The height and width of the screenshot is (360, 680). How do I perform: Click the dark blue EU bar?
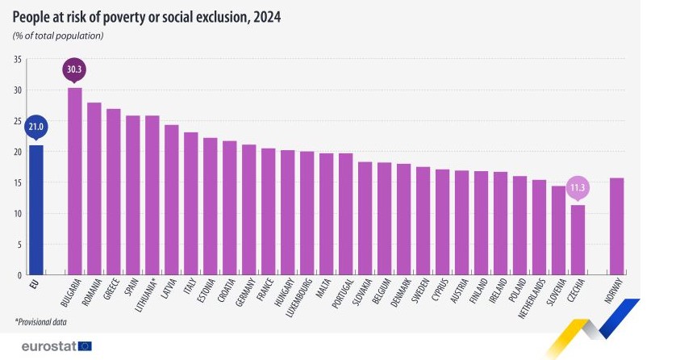[x=36, y=210]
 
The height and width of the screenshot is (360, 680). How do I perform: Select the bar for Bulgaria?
[x=74, y=181]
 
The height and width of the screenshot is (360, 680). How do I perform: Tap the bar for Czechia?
[x=578, y=240]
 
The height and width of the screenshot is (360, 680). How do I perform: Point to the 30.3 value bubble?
[x=74, y=69]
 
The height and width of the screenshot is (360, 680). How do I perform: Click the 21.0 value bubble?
[x=36, y=127]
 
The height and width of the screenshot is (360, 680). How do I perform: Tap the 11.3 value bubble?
[x=578, y=187]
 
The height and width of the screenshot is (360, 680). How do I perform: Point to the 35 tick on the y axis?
[x=18, y=59]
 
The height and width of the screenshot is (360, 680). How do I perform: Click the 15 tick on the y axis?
[x=18, y=182]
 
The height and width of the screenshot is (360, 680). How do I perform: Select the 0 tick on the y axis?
[x=19, y=275]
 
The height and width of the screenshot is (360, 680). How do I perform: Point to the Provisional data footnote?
[x=40, y=322]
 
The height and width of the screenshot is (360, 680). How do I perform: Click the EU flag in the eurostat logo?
[x=85, y=346]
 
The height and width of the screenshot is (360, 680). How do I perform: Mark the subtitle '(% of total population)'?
[x=58, y=36]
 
